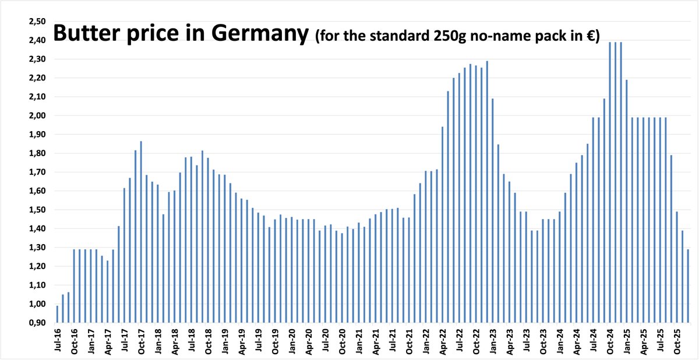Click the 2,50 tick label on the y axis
pos(37,22)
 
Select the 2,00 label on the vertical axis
pos(37,116)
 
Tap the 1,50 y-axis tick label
pos(37,210)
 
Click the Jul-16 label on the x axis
pos(57,340)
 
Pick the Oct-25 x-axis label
pos(677,340)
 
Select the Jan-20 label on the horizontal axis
pos(292,340)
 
